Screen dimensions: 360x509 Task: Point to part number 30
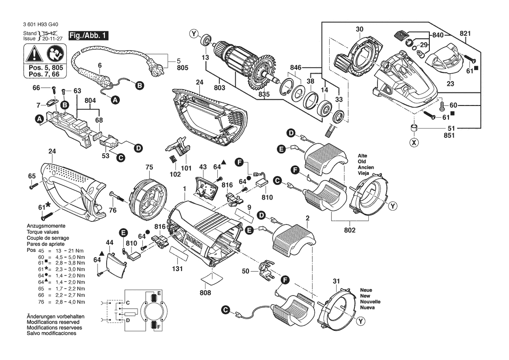[359, 30]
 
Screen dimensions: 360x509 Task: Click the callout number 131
[177, 269]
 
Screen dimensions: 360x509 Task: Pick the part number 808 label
[206, 293]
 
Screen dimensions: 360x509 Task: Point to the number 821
[468, 34]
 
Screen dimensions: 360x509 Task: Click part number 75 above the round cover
[149, 167]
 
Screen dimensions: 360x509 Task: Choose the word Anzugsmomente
[46, 226]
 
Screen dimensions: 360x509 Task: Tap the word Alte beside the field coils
[363, 156]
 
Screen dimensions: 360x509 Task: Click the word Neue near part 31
[366, 290]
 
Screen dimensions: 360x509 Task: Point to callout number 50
[246, 271]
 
